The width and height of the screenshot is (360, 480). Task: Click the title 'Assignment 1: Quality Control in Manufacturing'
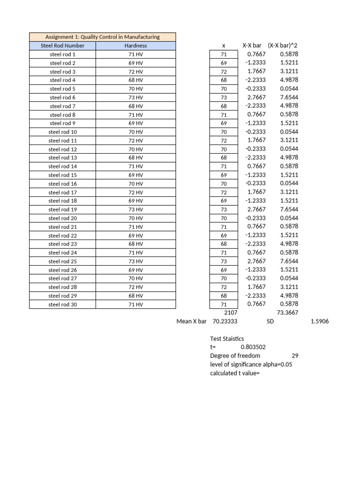(102, 37)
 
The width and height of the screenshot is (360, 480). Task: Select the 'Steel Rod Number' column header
(62, 45)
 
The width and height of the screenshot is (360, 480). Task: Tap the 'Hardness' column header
(135, 45)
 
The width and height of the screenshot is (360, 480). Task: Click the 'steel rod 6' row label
(62, 97)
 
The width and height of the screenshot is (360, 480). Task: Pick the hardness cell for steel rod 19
(135, 210)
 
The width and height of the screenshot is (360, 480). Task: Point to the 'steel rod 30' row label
(62, 305)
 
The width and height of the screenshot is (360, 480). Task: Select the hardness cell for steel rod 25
(135, 262)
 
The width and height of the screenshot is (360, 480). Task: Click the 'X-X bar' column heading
(251, 45)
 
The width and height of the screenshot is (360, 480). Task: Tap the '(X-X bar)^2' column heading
(283, 45)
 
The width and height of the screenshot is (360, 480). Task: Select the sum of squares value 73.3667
(288, 313)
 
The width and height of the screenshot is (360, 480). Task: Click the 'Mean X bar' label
(191, 322)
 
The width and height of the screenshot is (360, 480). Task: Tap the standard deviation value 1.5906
(320, 322)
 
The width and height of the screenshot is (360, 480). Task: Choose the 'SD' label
(270, 322)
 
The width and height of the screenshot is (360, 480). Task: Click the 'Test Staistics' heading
(227, 338)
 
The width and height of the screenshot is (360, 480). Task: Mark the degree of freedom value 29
(295, 356)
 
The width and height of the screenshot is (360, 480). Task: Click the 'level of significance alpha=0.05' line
(251, 364)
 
